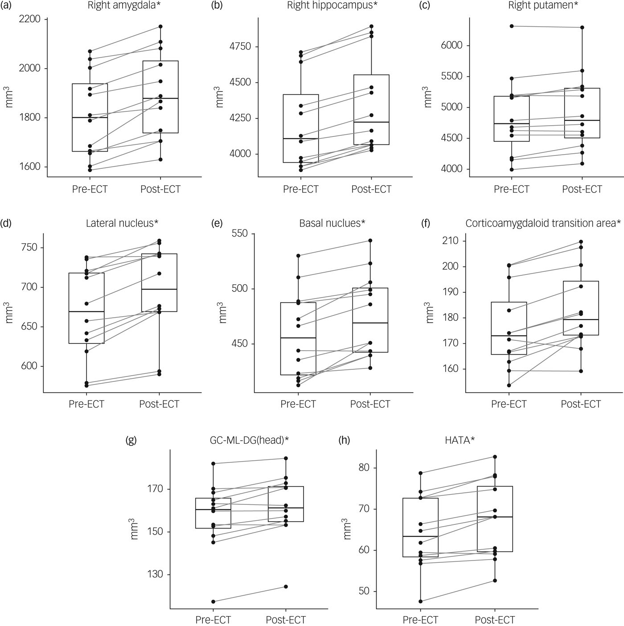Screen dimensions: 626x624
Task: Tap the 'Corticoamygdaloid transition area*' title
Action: point(543,223)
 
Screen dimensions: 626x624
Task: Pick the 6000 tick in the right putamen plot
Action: point(452,45)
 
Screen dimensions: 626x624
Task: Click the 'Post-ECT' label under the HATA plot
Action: point(495,620)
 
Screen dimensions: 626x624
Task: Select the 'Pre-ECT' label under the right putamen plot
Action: point(511,189)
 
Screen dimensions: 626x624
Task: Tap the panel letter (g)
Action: point(131,441)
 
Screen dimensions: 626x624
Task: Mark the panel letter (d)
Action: point(7,223)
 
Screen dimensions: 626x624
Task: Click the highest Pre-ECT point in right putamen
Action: point(512,26)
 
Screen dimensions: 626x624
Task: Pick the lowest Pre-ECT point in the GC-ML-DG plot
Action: point(213,601)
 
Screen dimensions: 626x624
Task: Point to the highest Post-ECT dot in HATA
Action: point(495,457)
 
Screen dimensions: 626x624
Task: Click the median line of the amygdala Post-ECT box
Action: point(160,98)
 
